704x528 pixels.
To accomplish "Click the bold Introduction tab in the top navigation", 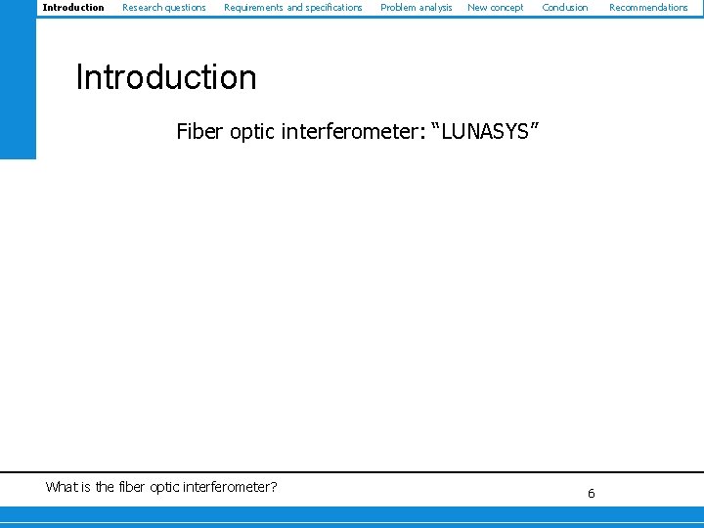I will (73, 8).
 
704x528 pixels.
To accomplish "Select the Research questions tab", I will (163, 8).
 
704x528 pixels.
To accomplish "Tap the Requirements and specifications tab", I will (292, 8).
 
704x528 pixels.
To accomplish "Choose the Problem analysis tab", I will (416, 8).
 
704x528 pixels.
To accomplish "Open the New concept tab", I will (495, 8).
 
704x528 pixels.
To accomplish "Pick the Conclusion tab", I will (565, 8).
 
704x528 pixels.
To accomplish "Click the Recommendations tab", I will (648, 8).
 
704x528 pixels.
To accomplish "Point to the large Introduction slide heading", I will (166, 78).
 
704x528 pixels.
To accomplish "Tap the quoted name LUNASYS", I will (485, 132).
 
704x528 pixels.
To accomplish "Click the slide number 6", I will (591, 494).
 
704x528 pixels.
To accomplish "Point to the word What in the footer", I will (62, 487).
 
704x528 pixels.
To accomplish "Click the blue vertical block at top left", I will (18, 78).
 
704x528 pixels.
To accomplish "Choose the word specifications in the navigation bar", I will (332, 8).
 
